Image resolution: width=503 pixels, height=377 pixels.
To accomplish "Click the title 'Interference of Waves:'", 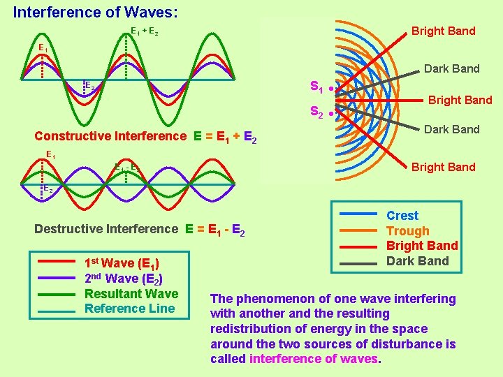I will (95, 13).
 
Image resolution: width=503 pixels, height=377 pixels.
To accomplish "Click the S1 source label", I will (316, 88).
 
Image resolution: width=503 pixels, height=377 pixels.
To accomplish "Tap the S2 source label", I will (316, 112).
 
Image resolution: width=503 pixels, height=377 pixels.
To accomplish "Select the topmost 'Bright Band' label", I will (443, 31).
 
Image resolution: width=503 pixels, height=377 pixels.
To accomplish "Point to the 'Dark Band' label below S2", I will (451, 129).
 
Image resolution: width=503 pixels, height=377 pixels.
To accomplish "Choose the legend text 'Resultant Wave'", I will (131, 293).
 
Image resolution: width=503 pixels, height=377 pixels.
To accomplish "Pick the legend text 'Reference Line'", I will (130, 309).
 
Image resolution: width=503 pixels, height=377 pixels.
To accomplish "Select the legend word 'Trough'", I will (408, 231).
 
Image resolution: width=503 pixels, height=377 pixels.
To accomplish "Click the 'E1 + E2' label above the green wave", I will (145, 31).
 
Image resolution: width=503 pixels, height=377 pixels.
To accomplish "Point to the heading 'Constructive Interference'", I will (110, 136).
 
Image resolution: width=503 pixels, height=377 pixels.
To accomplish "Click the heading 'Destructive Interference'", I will (106, 229).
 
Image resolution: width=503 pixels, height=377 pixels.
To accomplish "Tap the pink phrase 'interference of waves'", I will (313, 359).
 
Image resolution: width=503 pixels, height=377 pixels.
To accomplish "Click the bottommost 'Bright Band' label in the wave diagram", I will (443, 167).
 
